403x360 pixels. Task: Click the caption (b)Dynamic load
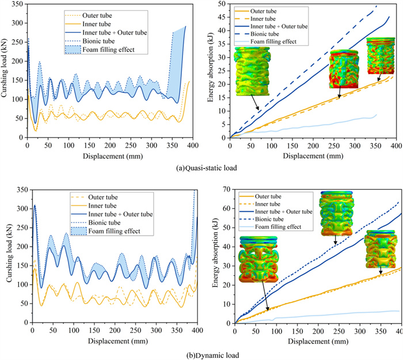[201, 355]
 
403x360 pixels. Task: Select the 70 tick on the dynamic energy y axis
[226, 187]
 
